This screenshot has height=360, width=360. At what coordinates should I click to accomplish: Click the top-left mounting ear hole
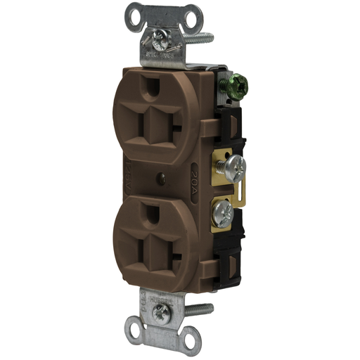click(x=134, y=13)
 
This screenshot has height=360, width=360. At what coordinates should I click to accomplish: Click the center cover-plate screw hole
click(x=164, y=180)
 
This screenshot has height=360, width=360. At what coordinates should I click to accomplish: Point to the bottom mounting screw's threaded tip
click(x=208, y=308)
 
